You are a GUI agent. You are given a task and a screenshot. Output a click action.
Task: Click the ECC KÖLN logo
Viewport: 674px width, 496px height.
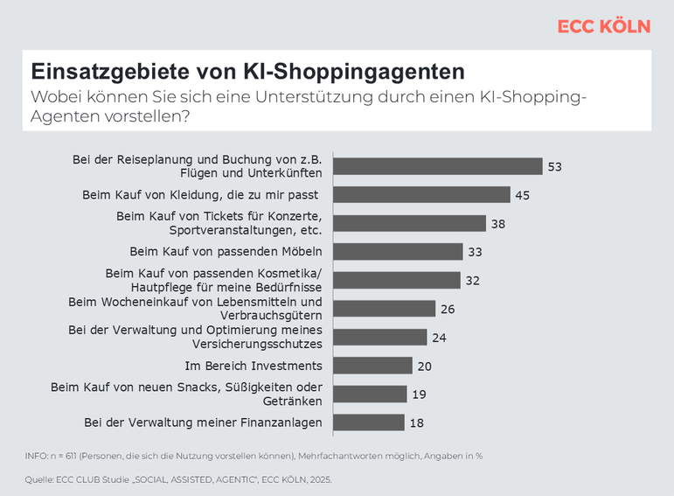(x=603, y=26)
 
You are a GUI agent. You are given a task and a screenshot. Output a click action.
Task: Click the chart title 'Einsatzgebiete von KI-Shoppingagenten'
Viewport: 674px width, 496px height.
(x=247, y=70)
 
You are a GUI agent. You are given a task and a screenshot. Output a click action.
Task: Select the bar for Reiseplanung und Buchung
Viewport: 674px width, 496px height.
(x=438, y=166)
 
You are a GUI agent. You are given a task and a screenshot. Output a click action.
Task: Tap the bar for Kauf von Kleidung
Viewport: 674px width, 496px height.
(x=422, y=194)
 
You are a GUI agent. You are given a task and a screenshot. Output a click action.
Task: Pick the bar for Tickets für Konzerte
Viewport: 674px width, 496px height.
(x=410, y=223)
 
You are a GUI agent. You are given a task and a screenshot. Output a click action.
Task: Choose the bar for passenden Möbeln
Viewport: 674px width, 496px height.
(x=399, y=252)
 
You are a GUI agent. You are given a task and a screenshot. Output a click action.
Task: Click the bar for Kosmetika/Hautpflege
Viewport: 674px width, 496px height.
(x=397, y=280)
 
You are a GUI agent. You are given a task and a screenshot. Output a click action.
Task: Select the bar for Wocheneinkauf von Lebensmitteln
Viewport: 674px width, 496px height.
(x=385, y=308)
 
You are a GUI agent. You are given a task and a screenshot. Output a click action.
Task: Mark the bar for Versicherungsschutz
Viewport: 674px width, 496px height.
(x=380, y=337)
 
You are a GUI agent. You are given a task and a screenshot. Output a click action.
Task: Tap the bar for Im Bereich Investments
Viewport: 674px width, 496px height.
(x=373, y=366)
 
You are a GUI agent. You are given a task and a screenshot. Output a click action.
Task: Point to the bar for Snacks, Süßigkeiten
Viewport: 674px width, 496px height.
(x=371, y=394)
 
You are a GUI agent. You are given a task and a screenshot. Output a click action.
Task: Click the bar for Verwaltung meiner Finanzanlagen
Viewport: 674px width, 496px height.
(x=369, y=423)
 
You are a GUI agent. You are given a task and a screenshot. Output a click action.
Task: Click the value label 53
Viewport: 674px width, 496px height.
(x=554, y=166)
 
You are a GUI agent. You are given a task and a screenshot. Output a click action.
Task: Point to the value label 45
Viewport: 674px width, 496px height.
(x=523, y=195)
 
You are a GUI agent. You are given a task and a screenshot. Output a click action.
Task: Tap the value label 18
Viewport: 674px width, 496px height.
(x=416, y=423)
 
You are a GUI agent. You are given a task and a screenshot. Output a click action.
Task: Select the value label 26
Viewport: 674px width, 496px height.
(x=447, y=309)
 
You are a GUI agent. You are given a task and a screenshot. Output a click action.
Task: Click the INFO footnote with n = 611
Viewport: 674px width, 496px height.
(x=254, y=457)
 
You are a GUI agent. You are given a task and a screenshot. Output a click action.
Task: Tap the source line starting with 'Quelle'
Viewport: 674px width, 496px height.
(x=178, y=479)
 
